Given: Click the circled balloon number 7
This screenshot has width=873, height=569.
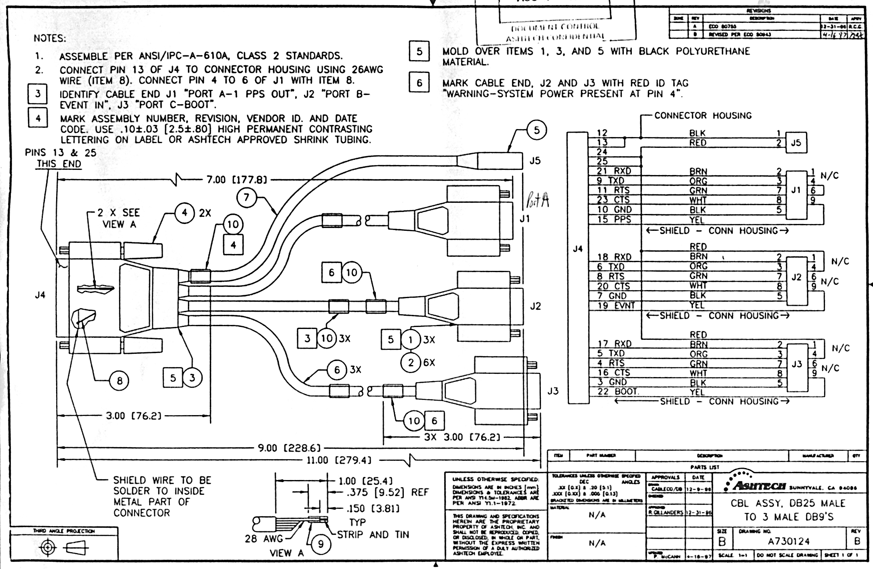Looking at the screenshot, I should pyautogui.click(x=246, y=197).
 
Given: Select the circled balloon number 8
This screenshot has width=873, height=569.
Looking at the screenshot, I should pyautogui.click(x=119, y=380).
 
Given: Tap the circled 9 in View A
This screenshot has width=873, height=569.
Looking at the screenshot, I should pyautogui.click(x=321, y=544).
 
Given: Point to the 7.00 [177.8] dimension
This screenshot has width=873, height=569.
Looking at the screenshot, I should pyautogui.click(x=236, y=180).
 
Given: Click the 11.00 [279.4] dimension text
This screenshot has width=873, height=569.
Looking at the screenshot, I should pyautogui.click(x=339, y=460).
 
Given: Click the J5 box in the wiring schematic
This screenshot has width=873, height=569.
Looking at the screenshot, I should pyautogui.click(x=796, y=143).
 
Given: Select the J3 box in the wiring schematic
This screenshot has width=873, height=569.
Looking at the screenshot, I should pyautogui.click(x=796, y=364).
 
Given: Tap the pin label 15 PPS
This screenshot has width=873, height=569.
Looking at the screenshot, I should pyautogui.click(x=614, y=219).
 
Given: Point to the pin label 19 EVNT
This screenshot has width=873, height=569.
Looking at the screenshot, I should pyautogui.click(x=616, y=306).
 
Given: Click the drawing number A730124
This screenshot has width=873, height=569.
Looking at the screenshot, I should pyautogui.click(x=788, y=541).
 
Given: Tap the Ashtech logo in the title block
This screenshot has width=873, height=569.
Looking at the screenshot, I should pyautogui.click(x=757, y=485).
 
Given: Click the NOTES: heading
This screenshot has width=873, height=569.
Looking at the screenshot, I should pyautogui.click(x=50, y=38).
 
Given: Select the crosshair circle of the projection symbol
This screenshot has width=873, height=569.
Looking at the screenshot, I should pyautogui.click(x=48, y=547).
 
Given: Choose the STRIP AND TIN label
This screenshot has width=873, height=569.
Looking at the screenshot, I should pyautogui.click(x=373, y=535).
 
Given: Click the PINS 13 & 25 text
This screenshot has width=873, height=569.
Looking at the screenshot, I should pyautogui.click(x=60, y=153).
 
